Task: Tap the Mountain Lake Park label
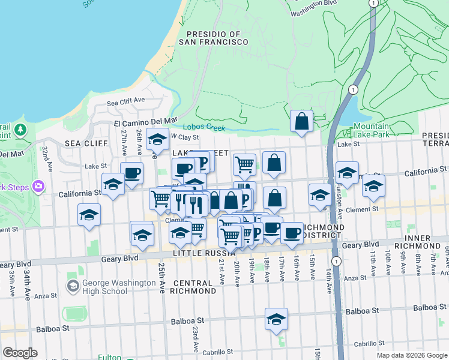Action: point(370,130)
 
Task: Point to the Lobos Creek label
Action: point(203,127)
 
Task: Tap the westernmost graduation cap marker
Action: point(89,215)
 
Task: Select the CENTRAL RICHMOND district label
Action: point(193,286)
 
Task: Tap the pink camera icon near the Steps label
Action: point(40,186)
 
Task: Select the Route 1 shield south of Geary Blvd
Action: point(336,261)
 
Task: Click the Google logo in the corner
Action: point(20,352)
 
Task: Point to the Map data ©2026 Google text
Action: point(411,355)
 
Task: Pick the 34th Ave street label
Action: point(27,286)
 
